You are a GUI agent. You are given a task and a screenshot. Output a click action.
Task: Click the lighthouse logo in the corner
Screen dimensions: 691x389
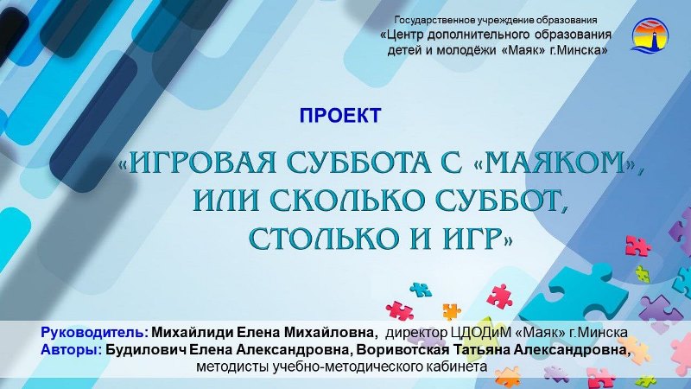(x=650, y=35)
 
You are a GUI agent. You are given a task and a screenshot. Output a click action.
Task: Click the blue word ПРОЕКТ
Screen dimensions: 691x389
(x=340, y=116)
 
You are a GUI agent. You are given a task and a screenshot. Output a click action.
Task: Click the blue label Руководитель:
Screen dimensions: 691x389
(x=94, y=332)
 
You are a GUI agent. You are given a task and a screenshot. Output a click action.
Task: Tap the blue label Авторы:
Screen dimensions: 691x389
(x=72, y=350)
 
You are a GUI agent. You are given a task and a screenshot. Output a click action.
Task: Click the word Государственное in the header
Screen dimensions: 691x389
(x=427, y=20)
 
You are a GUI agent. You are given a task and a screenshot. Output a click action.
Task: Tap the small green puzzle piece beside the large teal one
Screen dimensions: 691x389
(x=642, y=274)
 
